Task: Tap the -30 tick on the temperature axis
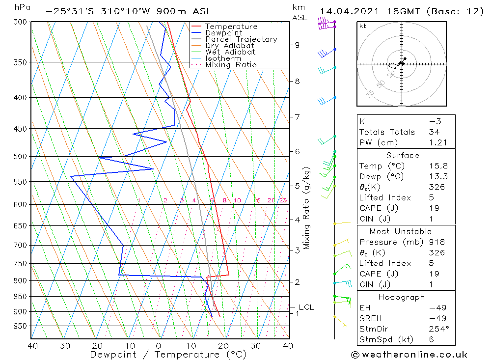pyautogui.click(x=62, y=346)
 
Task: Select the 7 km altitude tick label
pyautogui.click(x=297, y=117)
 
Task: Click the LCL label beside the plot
pyautogui.click(x=306, y=307)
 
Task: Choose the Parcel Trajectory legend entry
pyautogui.click(x=241, y=39)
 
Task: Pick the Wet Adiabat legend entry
pyautogui.click(x=230, y=52)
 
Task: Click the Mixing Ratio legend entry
pyautogui.click(x=231, y=65)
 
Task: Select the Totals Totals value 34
pyautogui.click(x=434, y=132)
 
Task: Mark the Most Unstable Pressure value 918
pyautogui.click(x=436, y=242)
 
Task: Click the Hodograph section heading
pyautogui.click(x=402, y=297)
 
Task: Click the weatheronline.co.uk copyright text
pyautogui.click(x=409, y=355)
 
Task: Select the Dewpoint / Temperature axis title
pyautogui.click(x=168, y=354)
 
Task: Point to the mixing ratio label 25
pyautogui.click(x=283, y=200)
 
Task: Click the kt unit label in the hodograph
pyautogui.click(x=363, y=26)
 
